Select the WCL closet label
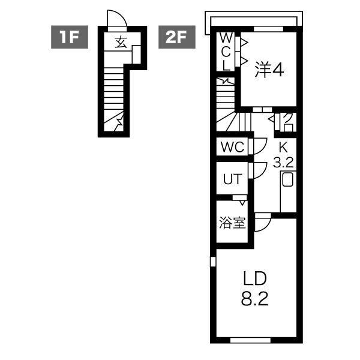point(226,51)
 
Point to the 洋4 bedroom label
point(269,70)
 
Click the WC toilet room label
point(232,147)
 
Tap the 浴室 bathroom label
point(232,223)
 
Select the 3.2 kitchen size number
point(282,162)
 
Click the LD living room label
point(254,279)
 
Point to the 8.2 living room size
point(254,299)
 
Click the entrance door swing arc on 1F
point(115,19)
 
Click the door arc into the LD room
point(263,223)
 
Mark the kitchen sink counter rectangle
point(287,185)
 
